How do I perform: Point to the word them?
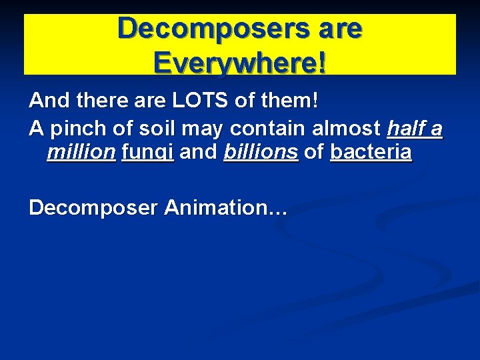287,102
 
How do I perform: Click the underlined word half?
407,128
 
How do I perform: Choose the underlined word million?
81,153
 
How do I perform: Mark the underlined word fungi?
147,153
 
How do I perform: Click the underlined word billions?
261,153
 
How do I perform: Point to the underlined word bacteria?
371,153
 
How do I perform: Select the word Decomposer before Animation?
93,208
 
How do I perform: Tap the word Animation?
225,207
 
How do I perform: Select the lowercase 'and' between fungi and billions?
199,153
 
